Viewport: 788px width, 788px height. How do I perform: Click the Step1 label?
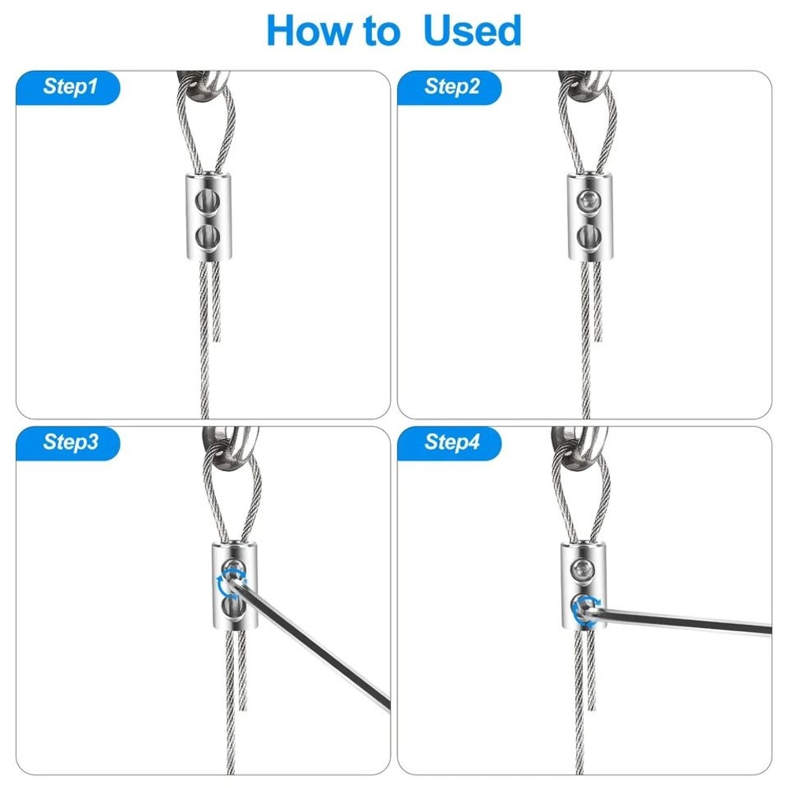[70, 87]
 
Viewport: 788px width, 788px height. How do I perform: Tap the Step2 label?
[452, 87]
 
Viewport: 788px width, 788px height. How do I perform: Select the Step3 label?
[70, 443]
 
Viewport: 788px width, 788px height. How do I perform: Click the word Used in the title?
[472, 32]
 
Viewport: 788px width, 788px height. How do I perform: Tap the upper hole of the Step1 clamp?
[206, 197]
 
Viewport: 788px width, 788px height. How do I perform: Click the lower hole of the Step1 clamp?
[206, 235]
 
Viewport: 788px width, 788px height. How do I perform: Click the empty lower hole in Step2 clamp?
[586, 235]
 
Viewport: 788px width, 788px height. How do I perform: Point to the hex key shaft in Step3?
[315, 642]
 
